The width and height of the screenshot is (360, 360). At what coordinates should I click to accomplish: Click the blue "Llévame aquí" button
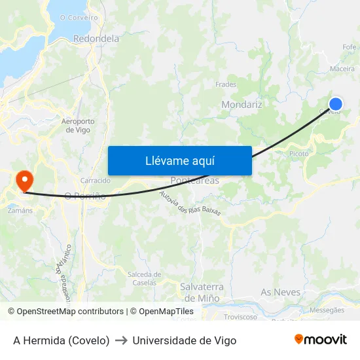click(179, 160)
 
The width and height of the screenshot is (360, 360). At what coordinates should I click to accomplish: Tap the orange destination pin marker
click(25, 181)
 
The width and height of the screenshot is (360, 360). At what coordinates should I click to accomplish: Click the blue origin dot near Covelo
click(335, 104)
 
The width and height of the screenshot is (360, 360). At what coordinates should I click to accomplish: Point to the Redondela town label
click(96, 39)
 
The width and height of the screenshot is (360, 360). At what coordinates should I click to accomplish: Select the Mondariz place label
click(242, 105)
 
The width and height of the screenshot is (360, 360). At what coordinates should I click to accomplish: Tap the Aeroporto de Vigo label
click(78, 126)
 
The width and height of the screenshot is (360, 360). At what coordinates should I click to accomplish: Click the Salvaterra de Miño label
click(202, 291)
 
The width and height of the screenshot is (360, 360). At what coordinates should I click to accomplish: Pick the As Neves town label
click(280, 292)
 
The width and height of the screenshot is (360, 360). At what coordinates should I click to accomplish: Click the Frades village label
click(226, 84)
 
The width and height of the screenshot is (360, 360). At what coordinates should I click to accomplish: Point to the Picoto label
click(298, 154)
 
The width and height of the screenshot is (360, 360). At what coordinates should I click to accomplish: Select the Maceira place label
click(342, 68)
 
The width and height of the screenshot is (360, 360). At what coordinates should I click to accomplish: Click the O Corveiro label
click(79, 18)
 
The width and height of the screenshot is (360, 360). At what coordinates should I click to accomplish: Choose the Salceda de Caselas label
click(142, 278)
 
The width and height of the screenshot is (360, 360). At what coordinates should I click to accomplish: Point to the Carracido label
click(95, 180)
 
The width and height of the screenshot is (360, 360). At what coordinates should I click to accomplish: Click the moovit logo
click(321, 339)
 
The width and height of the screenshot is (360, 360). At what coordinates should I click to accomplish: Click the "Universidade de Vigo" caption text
click(184, 340)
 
